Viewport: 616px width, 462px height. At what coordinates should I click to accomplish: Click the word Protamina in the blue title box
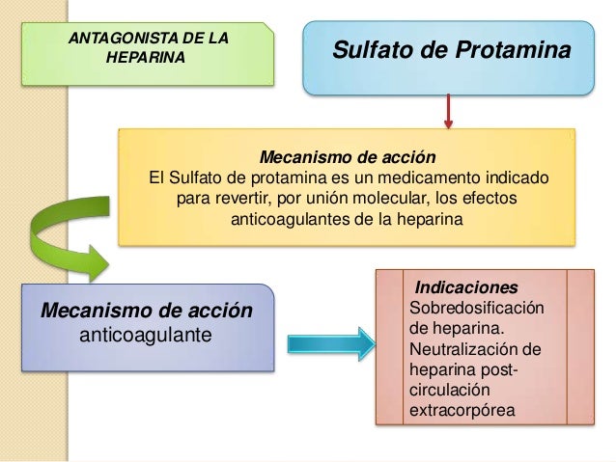point(511,48)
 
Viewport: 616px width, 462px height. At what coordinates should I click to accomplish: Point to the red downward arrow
point(448,112)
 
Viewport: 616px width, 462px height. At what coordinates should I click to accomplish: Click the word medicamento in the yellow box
point(434,178)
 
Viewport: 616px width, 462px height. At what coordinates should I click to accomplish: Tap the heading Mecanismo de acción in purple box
point(146,313)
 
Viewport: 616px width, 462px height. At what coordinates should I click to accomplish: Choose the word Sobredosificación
point(477,309)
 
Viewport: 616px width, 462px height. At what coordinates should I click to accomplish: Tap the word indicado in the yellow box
point(513,178)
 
